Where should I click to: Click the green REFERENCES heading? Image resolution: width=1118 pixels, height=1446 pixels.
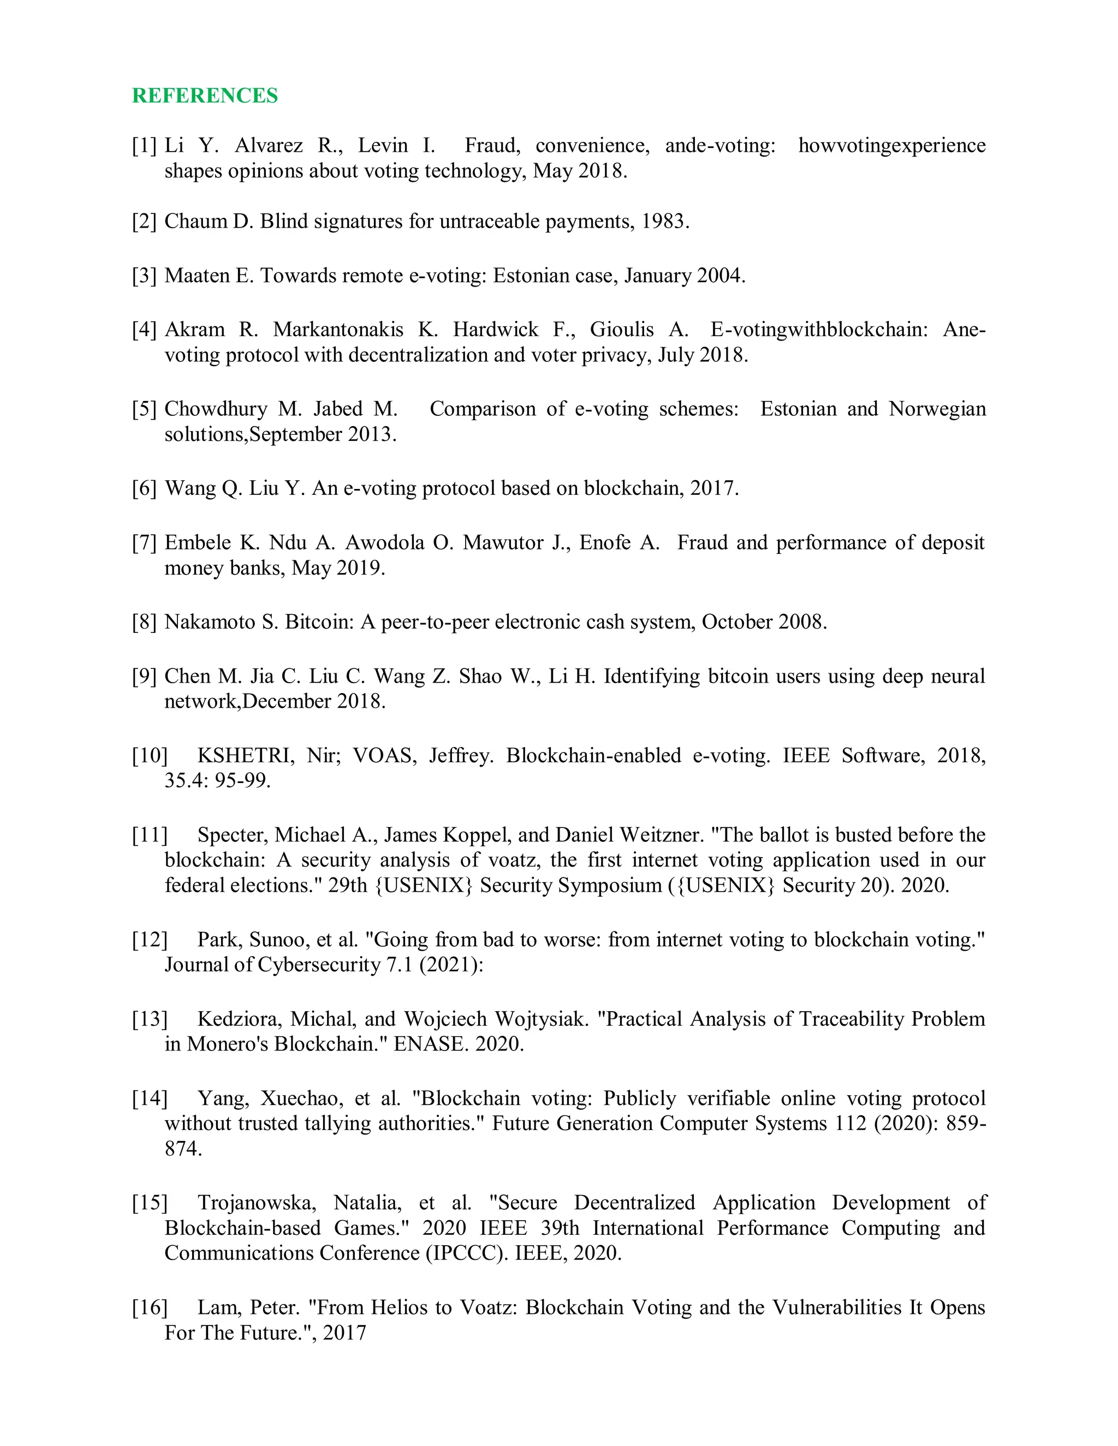(x=205, y=95)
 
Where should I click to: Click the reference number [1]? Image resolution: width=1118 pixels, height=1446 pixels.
(x=144, y=145)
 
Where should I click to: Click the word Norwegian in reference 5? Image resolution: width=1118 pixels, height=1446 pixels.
(x=937, y=409)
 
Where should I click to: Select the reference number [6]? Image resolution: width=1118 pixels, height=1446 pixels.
(x=144, y=488)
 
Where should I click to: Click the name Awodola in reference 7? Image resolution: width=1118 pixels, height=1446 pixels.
(x=384, y=542)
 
